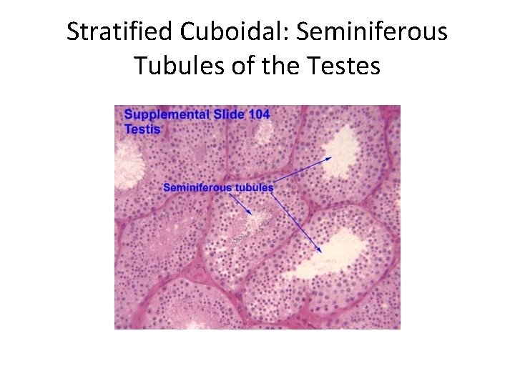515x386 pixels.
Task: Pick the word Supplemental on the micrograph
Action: coord(167,114)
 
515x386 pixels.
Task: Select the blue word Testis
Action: coord(142,129)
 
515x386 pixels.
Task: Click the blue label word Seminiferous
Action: coord(197,187)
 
